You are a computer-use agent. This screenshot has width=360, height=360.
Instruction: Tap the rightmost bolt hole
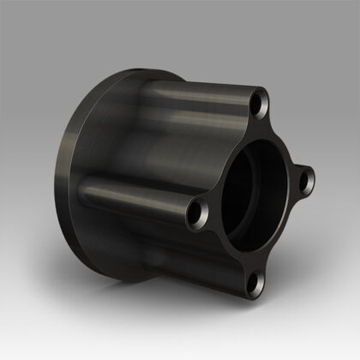click(306, 180)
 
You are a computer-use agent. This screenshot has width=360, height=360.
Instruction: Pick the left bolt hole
click(198, 207)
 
